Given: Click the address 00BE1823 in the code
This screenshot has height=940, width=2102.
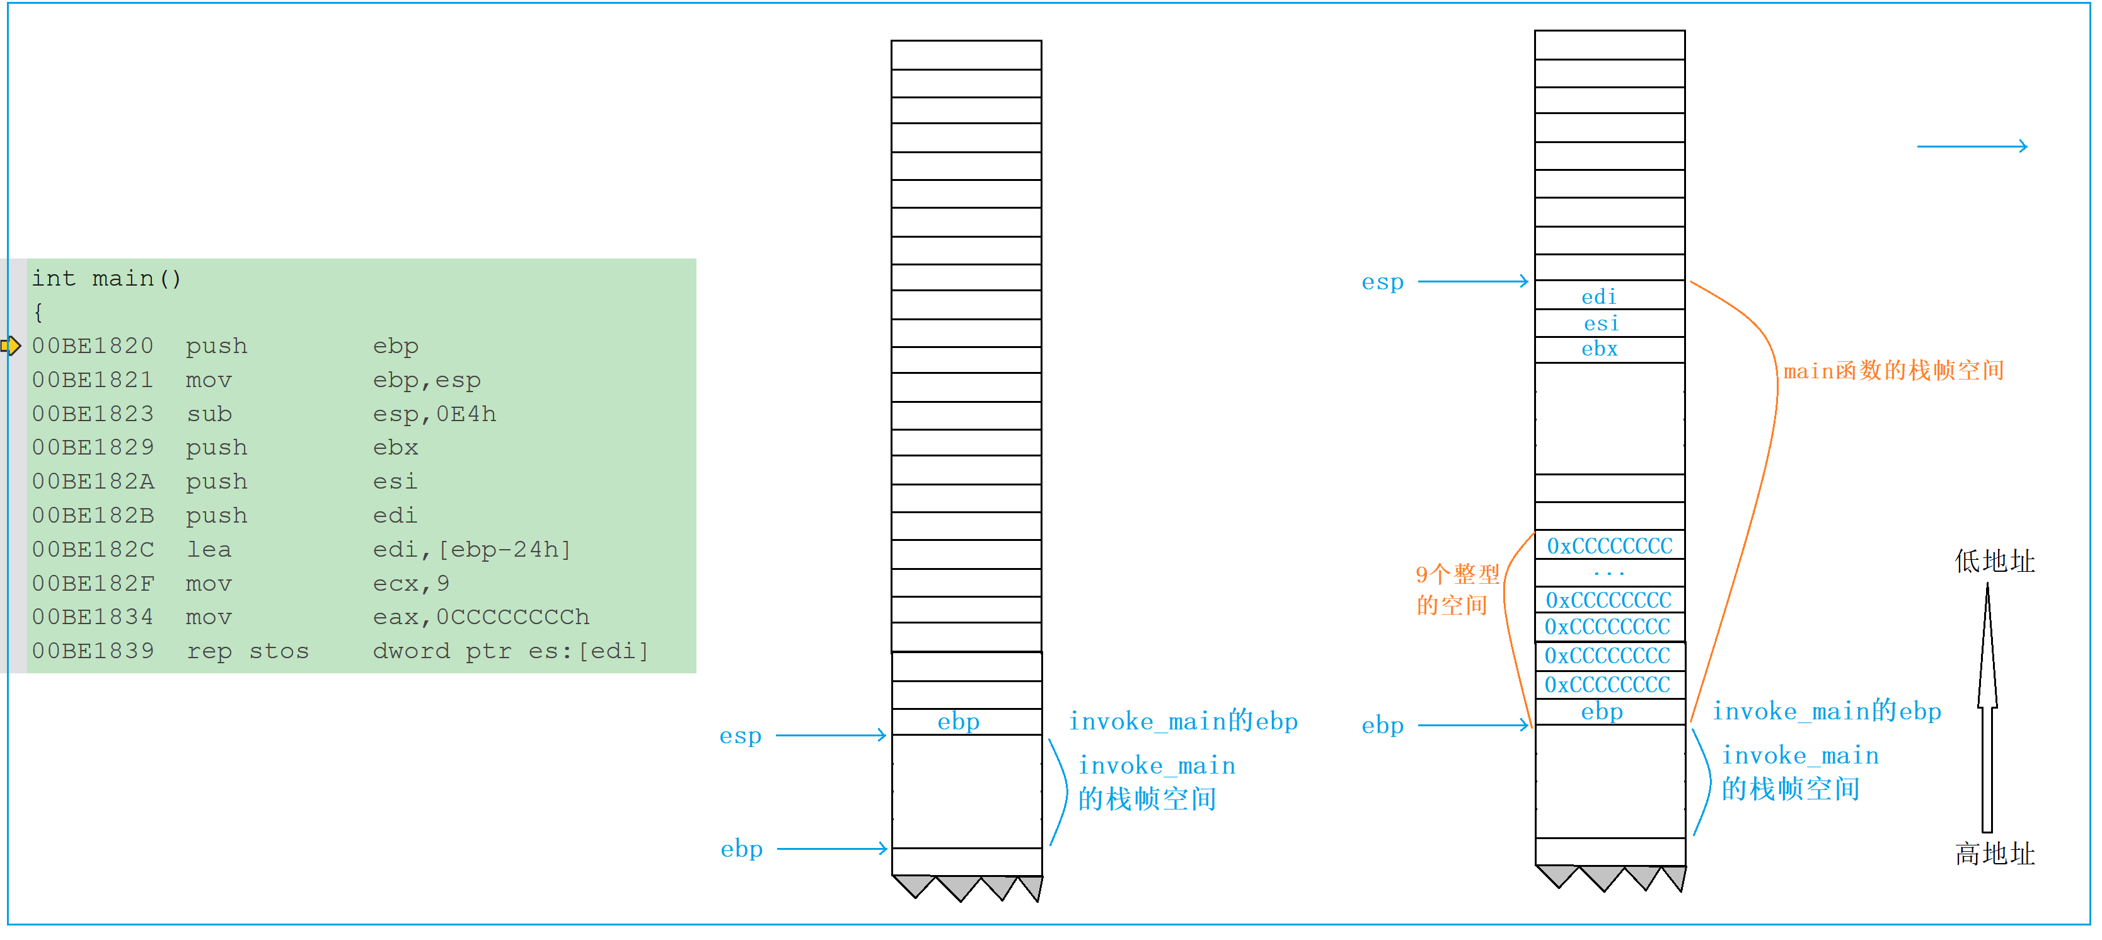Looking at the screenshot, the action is (92, 414).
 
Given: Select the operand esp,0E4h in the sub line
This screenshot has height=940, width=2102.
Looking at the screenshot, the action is (434, 414).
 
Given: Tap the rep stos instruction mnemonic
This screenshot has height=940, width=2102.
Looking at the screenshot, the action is (247, 651).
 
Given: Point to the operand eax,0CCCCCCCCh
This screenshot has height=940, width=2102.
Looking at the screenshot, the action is (481, 617).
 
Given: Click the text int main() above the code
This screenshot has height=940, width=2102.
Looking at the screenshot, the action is (106, 279).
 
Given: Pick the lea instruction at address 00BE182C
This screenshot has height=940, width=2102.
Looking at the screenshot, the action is (209, 549).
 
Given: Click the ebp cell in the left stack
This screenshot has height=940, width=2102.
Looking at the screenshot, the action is (958, 721).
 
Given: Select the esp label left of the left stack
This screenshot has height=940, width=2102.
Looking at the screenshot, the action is (740, 736).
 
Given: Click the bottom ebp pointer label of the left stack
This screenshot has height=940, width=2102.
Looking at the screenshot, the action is (741, 849).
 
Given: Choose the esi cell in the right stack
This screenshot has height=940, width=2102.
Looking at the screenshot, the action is (1601, 323).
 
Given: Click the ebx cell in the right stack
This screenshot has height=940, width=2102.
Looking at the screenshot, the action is (1600, 349).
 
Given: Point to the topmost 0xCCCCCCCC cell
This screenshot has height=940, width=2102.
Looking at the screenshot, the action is (1609, 546).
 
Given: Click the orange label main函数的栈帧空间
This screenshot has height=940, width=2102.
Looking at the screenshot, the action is (1893, 371).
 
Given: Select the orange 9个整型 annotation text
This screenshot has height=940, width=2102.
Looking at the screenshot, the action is (1457, 574).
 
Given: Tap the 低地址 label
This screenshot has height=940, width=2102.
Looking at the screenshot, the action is (1994, 561).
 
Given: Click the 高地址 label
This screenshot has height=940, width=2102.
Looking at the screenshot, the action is (1994, 854).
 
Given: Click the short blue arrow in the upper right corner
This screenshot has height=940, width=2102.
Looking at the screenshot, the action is (1972, 146).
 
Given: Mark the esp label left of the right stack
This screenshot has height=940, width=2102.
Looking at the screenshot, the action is (1382, 282).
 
